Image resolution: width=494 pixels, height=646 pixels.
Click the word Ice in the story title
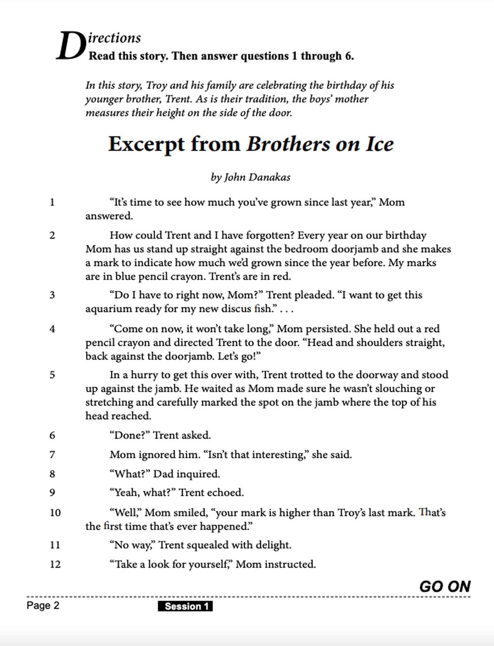click(380, 144)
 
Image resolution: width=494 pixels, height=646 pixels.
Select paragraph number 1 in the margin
click(52, 202)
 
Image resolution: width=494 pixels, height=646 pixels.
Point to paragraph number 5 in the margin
click(52, 375)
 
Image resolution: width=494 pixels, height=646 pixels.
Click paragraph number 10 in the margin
click(55, 513)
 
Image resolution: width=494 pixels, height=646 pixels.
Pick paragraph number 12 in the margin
click(55, 564)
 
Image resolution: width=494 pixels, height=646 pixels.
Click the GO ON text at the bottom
click(445, 587)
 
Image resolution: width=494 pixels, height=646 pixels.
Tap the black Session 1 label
click(185, 606)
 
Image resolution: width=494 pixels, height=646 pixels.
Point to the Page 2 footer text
click(43, 605)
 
